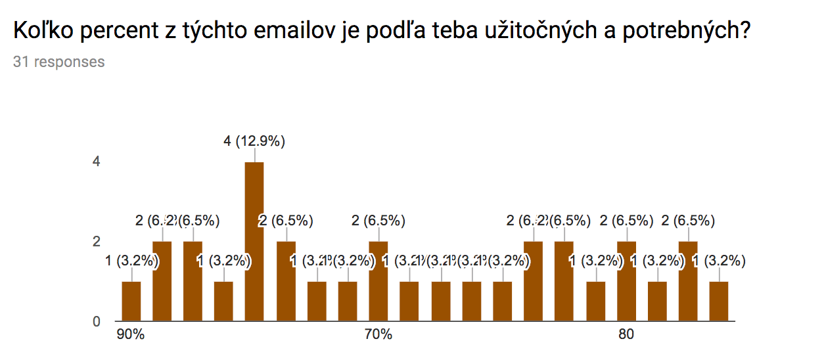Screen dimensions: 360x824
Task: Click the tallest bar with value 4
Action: pos(254,242)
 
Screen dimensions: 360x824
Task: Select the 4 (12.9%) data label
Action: pos(254,141)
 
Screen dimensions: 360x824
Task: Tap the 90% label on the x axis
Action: pos(130,335)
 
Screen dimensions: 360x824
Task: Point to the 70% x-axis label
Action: pos(378,335)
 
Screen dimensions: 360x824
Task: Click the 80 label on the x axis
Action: pos(626,335)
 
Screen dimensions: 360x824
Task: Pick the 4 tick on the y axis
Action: pos(96,162)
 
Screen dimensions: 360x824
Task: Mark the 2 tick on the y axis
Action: pos(96,242)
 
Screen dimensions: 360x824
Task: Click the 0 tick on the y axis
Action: pos(96,322)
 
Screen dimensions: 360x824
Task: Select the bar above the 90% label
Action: pos(131,302)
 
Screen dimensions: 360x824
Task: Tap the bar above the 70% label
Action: pos(378,282)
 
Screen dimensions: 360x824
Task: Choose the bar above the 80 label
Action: pos(626,282)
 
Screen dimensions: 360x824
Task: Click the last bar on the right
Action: pos(719,302)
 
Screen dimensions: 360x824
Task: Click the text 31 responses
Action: pos(58,62)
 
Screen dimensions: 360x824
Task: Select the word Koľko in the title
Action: pos(41,31)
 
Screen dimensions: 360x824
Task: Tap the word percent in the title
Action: pos(114,31)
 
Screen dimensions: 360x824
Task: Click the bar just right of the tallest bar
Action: pos(286,282)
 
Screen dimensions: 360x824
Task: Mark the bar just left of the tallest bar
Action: pos(223,302)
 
